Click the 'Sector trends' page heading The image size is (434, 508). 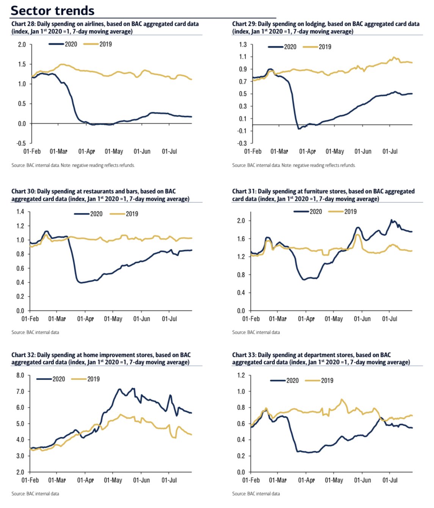click(53, 10)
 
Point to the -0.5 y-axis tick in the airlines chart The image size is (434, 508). click(21, 143)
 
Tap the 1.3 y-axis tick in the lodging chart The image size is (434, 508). click(243, 45)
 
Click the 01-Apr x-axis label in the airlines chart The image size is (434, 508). click(86, 152)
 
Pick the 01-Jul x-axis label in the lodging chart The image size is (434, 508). click(390, 152)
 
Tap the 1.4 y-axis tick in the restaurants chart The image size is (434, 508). click(20, 212)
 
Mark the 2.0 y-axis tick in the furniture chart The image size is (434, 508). click(241, 221)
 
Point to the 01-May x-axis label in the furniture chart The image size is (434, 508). click(334, 319)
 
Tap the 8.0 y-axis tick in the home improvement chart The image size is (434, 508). click(20, 375)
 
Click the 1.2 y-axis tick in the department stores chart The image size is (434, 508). click(241, 375)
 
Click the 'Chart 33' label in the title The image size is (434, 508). click(243, 355)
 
